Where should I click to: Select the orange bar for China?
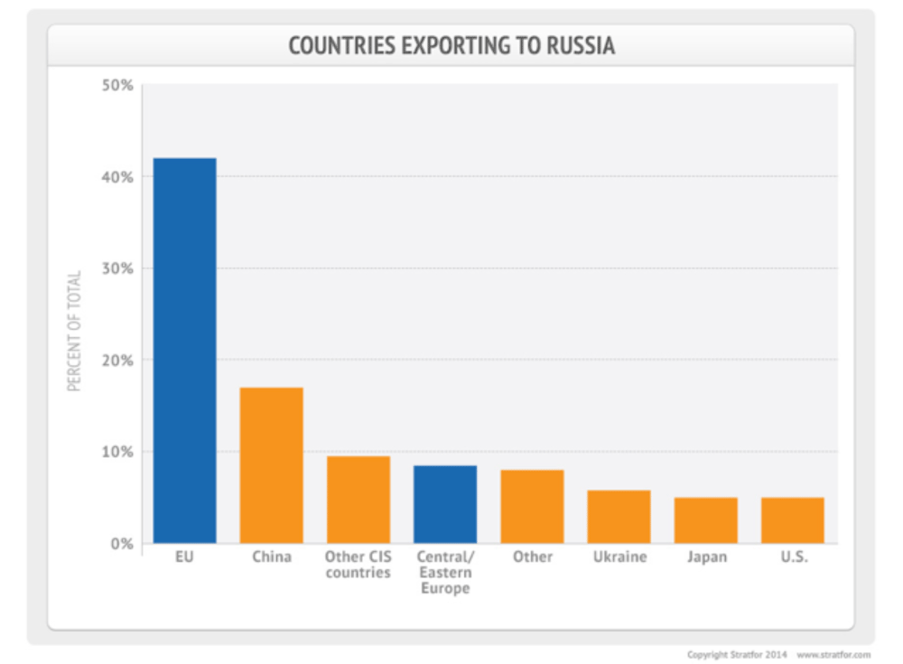coord(271,465)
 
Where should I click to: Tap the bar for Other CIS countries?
coord(358,500)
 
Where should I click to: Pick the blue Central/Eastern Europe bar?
coord(445,504)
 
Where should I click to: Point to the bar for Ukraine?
coord(619,517)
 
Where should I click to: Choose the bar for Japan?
coord(705,520)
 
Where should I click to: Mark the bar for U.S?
coord(792,520)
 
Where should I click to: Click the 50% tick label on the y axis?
coord(117,86)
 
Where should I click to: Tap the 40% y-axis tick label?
coord(117,177)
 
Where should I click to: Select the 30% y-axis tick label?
coord(117,268)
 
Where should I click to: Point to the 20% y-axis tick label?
coord(117,360)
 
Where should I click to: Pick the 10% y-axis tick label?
coord(117,452)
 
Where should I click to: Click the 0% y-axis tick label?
coord(122,544)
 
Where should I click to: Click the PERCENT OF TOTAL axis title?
coord(74,331)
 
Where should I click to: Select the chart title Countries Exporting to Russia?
coord(451,46)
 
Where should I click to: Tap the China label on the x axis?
coord(271,556)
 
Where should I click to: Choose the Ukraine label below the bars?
coord(619,556)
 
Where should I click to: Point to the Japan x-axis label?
coord(705,557)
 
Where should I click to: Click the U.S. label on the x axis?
coord(794,556)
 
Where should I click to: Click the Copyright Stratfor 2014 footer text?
coord(738,654)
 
